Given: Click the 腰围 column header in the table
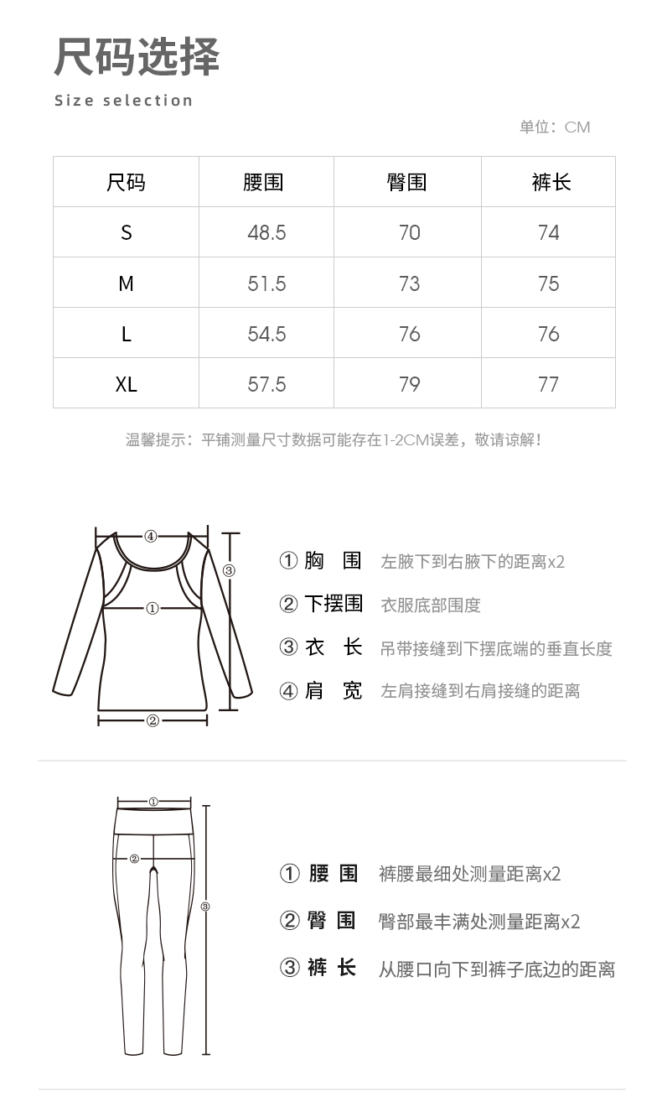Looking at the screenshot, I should (263, 182).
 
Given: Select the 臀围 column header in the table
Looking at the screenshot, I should (407, 182).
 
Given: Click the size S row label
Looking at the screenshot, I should (127, 232).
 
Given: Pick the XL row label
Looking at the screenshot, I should (127, 384).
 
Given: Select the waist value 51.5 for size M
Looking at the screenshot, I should (266, 283).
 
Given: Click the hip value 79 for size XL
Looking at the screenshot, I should (410, 384).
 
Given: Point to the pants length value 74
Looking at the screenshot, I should (549, 232).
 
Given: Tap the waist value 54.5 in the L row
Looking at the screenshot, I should (266, 334).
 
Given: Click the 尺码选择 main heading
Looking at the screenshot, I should (137, 58).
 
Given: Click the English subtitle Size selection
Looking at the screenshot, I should (124, 101).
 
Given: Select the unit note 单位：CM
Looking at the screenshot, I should (555, 127).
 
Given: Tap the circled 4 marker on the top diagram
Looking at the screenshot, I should (150, 536).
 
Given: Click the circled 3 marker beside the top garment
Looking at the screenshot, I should (230, 571).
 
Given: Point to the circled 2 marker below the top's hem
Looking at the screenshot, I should (153, 720).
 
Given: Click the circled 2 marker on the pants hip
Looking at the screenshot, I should (134, 858).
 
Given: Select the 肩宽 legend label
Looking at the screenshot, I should (333, 691).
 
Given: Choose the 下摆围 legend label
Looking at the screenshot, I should (333, 604).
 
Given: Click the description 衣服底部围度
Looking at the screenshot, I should (431, 605).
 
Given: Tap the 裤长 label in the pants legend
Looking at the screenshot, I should (332, 969).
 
